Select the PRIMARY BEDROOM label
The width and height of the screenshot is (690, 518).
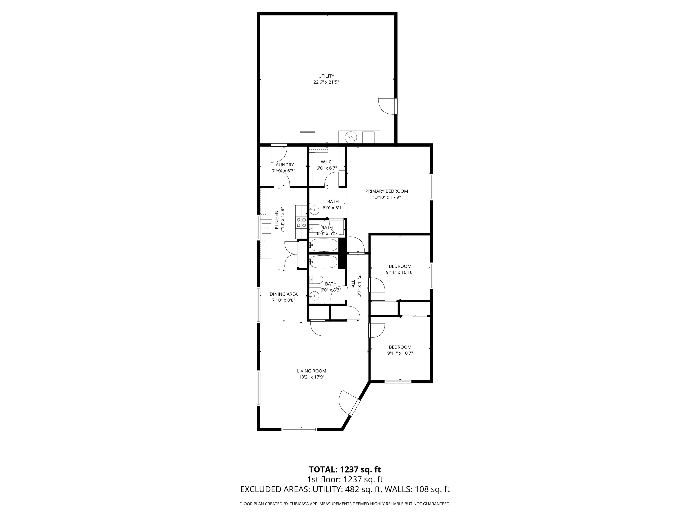[x=387, y=191]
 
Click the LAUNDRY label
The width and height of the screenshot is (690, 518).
[x=283, y=165]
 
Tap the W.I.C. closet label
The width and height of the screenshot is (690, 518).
[x=327, y=162]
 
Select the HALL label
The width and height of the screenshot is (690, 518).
[x=353, y=285]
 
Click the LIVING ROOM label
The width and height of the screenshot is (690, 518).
[x=311, y=371]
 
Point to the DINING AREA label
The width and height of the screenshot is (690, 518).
[x=283, y=294]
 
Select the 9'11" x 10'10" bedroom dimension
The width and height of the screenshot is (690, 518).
[x=400, y=272]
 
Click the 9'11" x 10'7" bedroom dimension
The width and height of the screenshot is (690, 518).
[x=400, y=353]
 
